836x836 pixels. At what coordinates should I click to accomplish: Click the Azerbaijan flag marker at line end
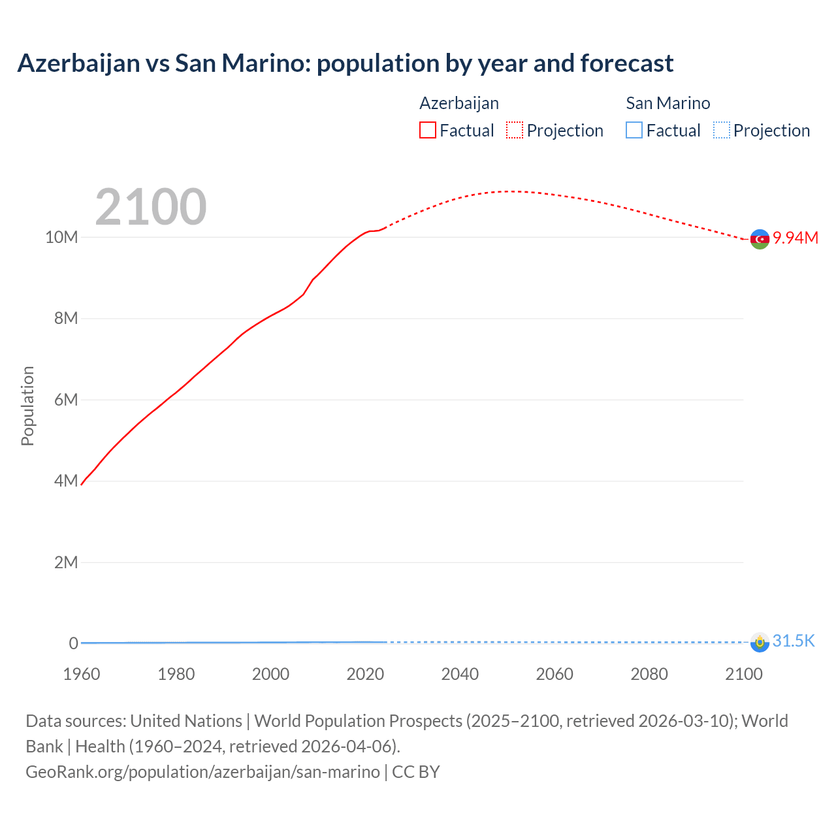click(760, 240)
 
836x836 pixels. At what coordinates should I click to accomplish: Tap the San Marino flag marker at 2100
click(760, 642)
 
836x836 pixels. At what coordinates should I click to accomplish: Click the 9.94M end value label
click(796, 238)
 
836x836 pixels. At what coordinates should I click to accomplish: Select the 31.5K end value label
click(794, 641)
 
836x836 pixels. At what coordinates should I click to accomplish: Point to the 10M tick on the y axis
click(61, 237)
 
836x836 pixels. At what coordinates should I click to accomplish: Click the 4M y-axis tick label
click(66, 481)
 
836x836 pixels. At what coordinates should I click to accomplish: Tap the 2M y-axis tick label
click(66, 562)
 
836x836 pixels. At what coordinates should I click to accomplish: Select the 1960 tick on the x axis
click(82, 674)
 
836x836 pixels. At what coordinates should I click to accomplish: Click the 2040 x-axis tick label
click(460, 674)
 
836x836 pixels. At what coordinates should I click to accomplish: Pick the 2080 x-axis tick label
click(649, 674)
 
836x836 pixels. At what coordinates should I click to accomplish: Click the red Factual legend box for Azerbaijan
click(428, 130)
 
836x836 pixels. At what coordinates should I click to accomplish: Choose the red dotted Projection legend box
click(515, 130)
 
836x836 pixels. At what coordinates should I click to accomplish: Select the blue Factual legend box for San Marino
click(634, 130)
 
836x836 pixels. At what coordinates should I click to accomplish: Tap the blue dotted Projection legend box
click(721, 130)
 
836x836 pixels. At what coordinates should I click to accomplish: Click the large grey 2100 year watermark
click(151, 207)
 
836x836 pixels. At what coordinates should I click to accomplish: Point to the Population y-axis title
click(27, 406)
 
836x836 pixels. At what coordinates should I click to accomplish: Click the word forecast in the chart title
click(626, 63)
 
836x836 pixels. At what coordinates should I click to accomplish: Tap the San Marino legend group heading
click(667, 103)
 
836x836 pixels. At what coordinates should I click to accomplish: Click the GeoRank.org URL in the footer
click(202, 771)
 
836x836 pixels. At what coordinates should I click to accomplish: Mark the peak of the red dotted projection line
click(513, 191)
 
